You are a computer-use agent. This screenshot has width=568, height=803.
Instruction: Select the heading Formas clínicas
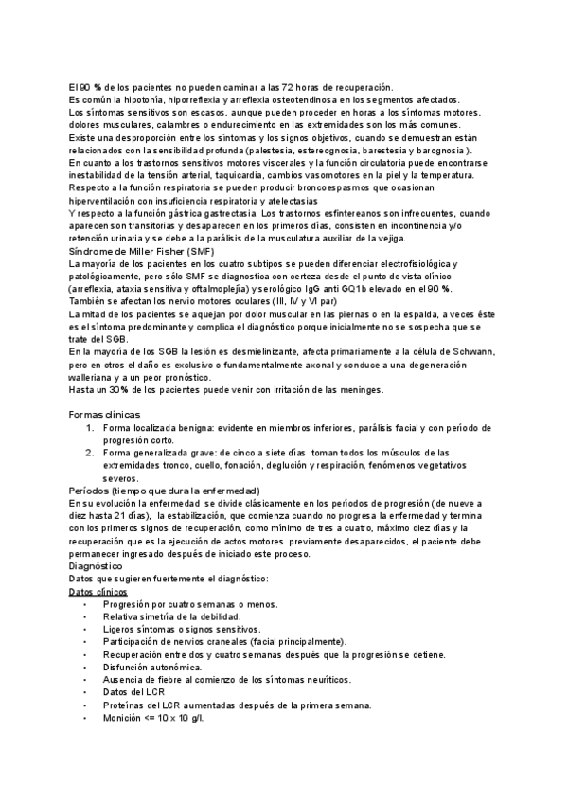pos(105,415)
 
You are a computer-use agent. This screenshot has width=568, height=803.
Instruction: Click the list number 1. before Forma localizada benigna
pos(90,427)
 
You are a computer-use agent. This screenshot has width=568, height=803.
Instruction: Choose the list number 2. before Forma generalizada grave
pos(90,453)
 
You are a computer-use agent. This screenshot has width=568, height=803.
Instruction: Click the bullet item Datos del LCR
pos(136,692)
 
